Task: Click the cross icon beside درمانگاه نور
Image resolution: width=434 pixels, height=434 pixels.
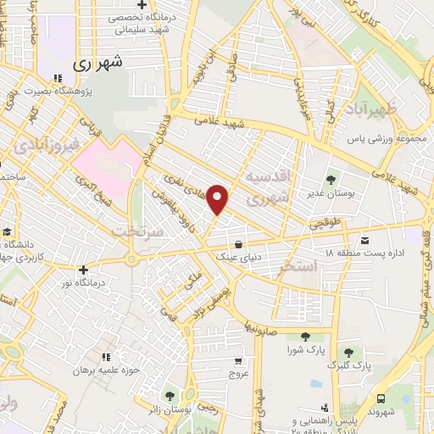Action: coord(83,269)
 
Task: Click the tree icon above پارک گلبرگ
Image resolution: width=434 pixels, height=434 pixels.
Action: coord(348,352)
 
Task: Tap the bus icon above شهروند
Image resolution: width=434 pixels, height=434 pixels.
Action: coord(381,398)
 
